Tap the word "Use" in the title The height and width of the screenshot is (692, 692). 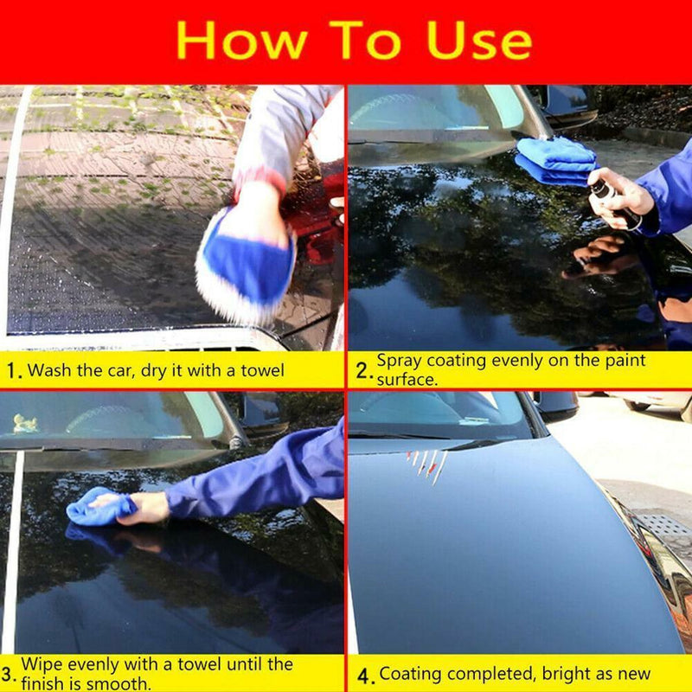point(474,41)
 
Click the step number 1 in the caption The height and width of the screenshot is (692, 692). point(12,372)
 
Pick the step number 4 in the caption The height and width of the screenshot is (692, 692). point(363,675)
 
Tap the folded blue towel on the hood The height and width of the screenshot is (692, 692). point(555,160)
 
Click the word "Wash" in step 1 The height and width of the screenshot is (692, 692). point(48,371)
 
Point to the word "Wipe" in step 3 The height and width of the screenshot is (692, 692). point(41,664)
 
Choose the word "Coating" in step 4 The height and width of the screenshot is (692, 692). point(410,674)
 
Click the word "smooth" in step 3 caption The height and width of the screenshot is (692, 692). point(121,683)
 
